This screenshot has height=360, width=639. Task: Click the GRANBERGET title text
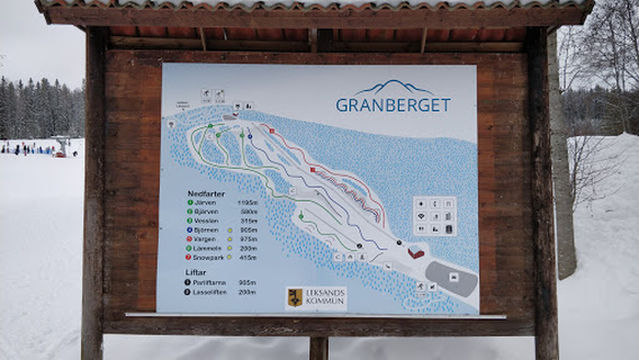[x=393, y=104]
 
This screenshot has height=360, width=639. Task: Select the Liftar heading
[x=195, y=271]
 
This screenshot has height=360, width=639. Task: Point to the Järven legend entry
[x=207, y=202]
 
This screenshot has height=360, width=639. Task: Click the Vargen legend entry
[x=208, y=239]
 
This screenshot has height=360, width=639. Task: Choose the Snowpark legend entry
[x=210, y=257]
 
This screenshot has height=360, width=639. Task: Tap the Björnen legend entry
[x=209, y=229]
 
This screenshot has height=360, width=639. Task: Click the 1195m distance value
[x=247, y=202]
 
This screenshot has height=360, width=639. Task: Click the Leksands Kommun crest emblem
[x=295, y=297]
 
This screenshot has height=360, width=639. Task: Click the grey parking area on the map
[x=451, y=278]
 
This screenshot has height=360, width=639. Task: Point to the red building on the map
[x=416, y=253]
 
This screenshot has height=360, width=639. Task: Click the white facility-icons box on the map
[x=435, y=215]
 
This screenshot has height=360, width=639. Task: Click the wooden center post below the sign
[x=318, y=348]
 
